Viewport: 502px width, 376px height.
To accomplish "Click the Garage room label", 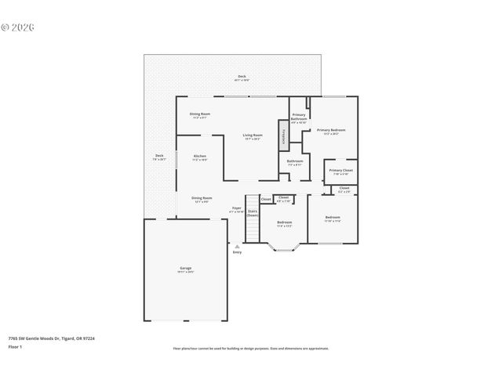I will pyautogui.click(x=185, y=269).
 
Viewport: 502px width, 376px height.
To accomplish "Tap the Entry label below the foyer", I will pyautogui.click(x=237, y=252).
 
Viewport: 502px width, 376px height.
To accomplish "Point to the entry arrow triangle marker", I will pyautogui.click(x=237, y=245).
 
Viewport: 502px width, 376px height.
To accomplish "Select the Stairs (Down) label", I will pyautogui.click(x=253, y=212).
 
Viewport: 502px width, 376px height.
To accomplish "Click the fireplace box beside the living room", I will pyautogui.click(x=284, y=135).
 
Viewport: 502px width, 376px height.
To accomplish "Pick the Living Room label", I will pyautogui.click(x=252, y=136).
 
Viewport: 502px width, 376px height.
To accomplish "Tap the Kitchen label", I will pyautogui.click(x=200, y=157).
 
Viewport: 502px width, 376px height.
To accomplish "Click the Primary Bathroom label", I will pyautogui.click(x=299, y=117).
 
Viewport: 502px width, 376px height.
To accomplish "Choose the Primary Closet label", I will pyautogui.click(x=340, y=171).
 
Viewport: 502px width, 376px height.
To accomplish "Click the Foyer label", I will pyautogui.click(x=236, y=208).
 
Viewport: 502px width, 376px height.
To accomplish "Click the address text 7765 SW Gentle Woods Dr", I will pyautogui.click(x=51, y=338).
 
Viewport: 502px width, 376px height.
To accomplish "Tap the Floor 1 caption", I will pyautogui.click(x=16, y=345).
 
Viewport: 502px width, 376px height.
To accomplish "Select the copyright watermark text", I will pyautogui.click(x=17, y=27).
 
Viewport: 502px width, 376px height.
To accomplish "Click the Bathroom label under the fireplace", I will pyautogui.click(x=295, y=162).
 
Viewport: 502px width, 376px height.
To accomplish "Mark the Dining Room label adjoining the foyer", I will pyautogui.click(x=202, y=199).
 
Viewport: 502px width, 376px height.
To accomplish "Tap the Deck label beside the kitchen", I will pyautogui.click(x=159, y=157).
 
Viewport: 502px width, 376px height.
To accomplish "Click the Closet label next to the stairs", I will pyautogui.click(x=266, y=200).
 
